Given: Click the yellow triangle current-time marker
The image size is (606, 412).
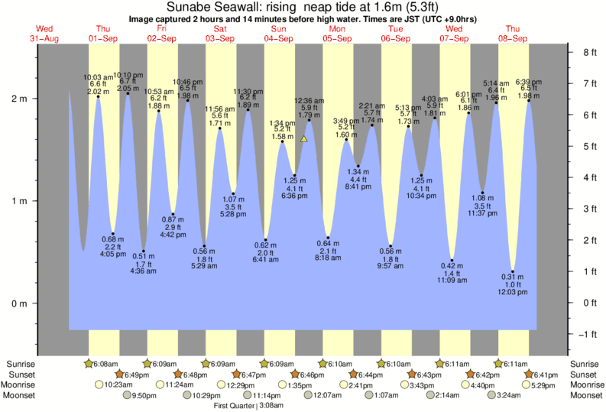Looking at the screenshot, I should pyautogui.click(x=304, y=139).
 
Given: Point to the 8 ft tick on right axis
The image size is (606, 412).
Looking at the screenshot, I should pyautogui.click(x=589, y=53).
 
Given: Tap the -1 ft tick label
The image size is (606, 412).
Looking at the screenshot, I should pyautogui.click(x=588, y=334).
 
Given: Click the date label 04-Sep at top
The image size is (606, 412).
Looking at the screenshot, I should pyautogui.click(x=279, y=38).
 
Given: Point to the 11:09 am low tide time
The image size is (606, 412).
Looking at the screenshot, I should pyautogui.click(x=453, y=282).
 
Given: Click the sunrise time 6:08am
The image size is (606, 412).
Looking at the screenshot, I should pyautogui.click(x=103, y=364).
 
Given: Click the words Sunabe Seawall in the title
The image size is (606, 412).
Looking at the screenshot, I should pyautogui.click(x=203, y=6).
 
